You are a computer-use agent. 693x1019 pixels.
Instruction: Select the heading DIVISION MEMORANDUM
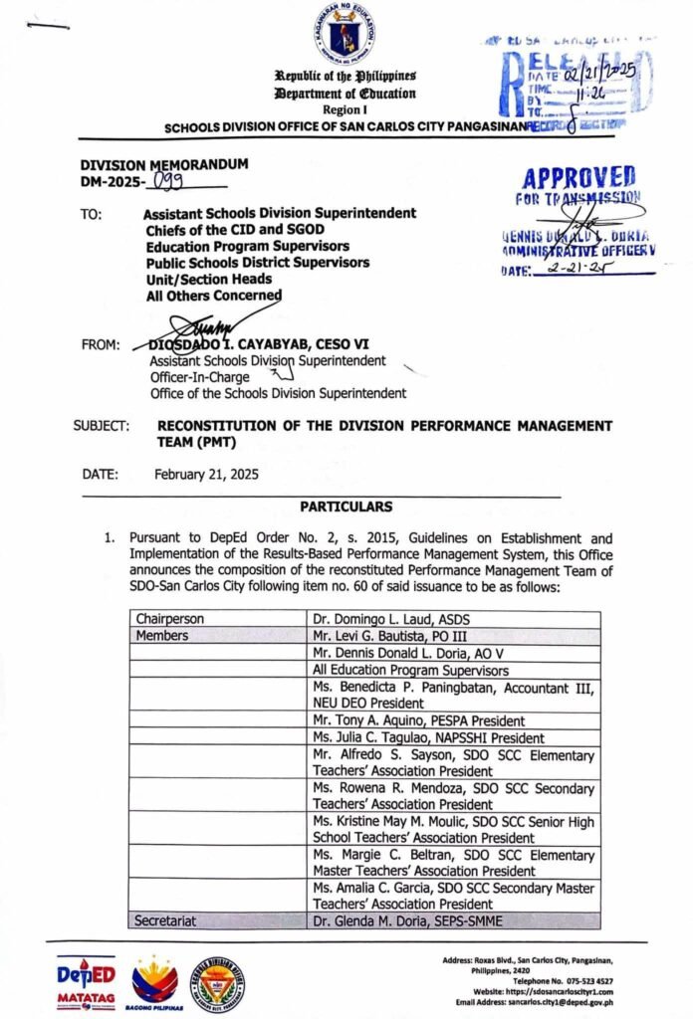[164, 165]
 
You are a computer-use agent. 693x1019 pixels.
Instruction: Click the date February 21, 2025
[206, 475]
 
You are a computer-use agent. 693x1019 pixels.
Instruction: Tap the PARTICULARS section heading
[346, 508]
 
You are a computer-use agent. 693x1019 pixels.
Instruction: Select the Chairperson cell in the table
[169, 619]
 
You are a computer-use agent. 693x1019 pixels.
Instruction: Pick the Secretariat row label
[167, 922]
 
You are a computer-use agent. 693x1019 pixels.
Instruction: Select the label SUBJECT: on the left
[102, 427]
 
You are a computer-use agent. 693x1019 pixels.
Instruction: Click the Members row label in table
[162, 636]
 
